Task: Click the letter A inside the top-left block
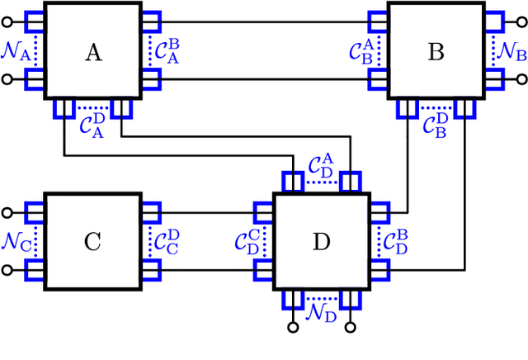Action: click(x=94, y=53)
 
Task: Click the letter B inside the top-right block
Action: click(x=436, y=53)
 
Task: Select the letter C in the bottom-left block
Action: click(x=93, y=242)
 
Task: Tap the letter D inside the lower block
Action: click(x=321, y=242)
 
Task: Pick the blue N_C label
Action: click(x=16, y=243)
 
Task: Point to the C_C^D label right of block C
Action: click(x=166, y=242)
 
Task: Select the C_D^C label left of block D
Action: click(x=248, y=242)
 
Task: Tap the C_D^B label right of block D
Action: click(x=393, y=242)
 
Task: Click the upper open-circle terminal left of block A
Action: click(x=7, y=22)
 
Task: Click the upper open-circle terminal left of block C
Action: click(x=7, y=212)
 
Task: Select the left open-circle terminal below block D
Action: click(x=292, y=328)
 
